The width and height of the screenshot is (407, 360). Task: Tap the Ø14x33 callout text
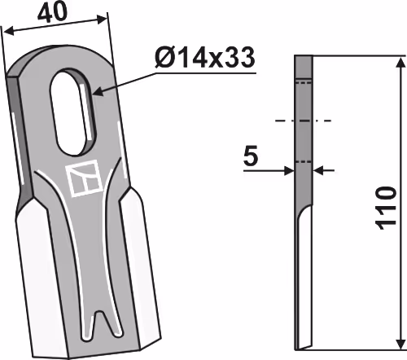click(205, 58)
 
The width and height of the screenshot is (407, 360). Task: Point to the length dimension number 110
click(385, 209)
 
